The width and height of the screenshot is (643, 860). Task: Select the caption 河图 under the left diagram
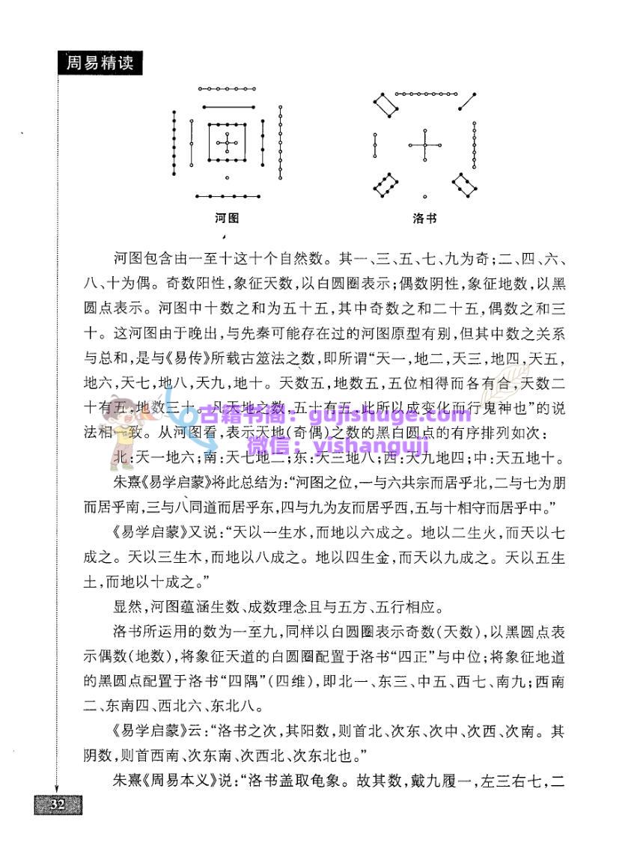point(227,219)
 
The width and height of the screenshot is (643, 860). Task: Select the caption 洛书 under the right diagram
point(424,219)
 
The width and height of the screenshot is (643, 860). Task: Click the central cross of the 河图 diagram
point(227,142)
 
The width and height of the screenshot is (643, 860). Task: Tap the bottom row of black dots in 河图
point(227,196)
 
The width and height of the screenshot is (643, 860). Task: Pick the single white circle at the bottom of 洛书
point(424,197)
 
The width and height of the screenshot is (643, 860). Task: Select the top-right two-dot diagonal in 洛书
point(468,101)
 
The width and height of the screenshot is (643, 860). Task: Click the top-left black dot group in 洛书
point(386,106)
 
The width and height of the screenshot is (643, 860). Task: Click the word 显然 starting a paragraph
point(123,606)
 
